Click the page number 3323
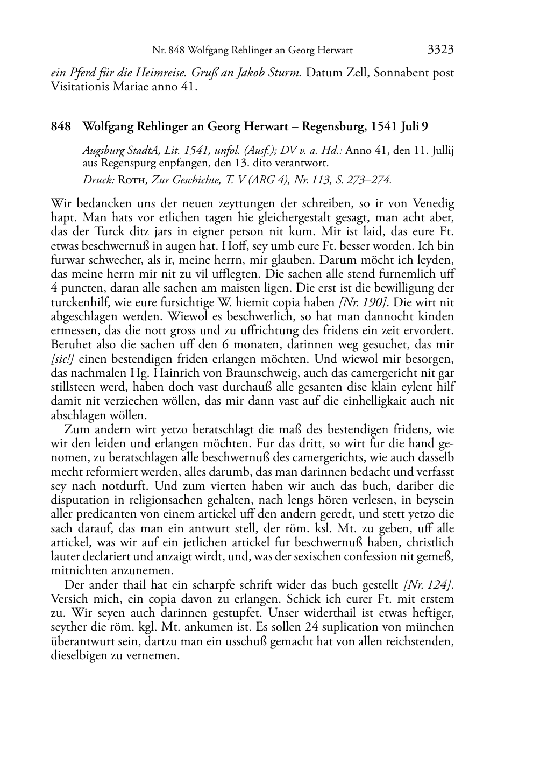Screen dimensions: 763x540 pos(440,50)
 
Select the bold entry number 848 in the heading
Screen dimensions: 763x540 pos(61,126)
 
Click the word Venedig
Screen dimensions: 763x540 pos(434,204)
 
